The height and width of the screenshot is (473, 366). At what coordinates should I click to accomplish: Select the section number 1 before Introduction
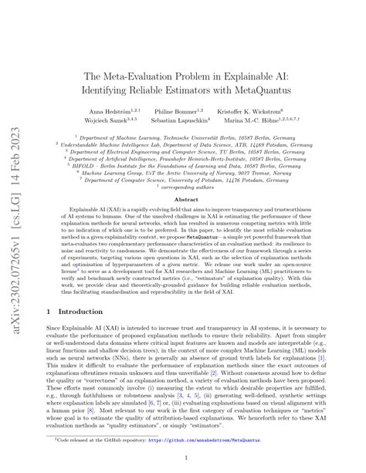(x=49, y=313)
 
